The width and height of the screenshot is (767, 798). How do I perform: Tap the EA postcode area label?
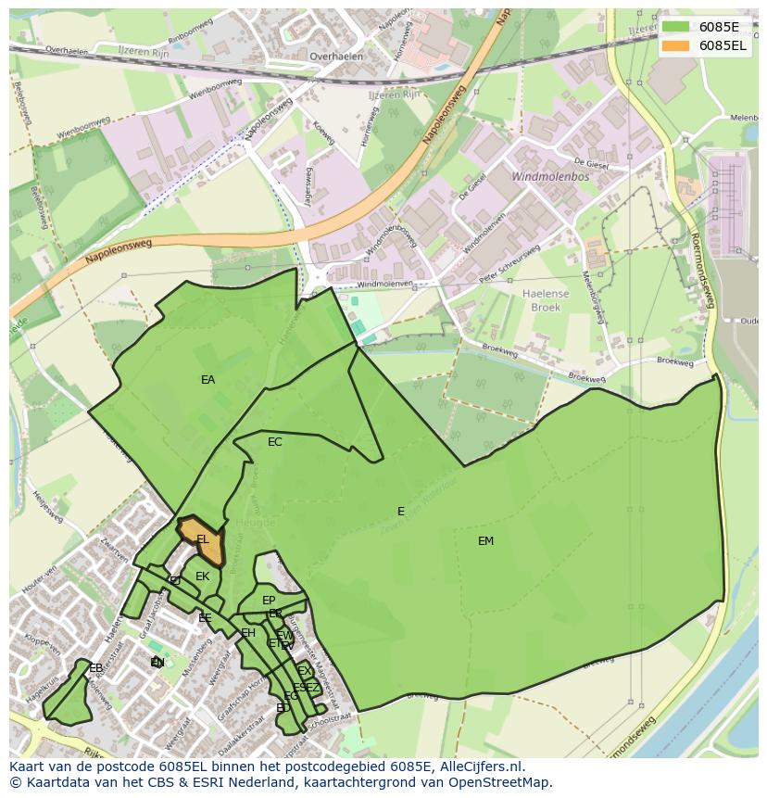pos(207,380)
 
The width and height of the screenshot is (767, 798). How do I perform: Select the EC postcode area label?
pos(274,442)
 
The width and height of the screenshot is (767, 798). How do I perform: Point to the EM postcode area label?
pos(485,541)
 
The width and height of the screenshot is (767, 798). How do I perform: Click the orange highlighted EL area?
pos(206,544)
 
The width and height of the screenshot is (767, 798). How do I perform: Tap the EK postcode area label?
pos(202,576)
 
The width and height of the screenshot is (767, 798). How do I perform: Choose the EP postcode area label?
pos(269,601)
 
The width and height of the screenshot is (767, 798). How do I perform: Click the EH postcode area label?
pos(247,633)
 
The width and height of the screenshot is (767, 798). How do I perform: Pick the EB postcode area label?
pos(95,668)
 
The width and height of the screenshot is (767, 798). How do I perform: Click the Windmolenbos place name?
pos(550,176)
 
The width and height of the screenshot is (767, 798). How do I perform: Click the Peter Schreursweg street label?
pos(509,265)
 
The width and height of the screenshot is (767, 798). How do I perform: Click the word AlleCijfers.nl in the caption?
pos(472,766)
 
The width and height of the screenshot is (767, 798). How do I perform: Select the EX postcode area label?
pos(305,671)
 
